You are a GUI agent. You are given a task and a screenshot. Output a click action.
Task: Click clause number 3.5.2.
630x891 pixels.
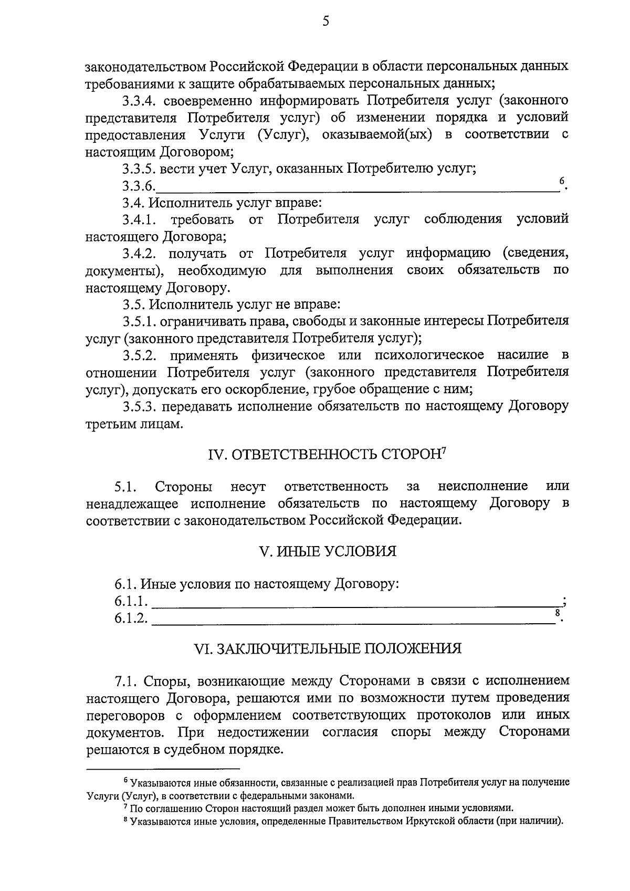[140, 355]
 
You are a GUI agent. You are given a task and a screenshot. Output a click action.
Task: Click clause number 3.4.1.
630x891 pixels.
[140, 219]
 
